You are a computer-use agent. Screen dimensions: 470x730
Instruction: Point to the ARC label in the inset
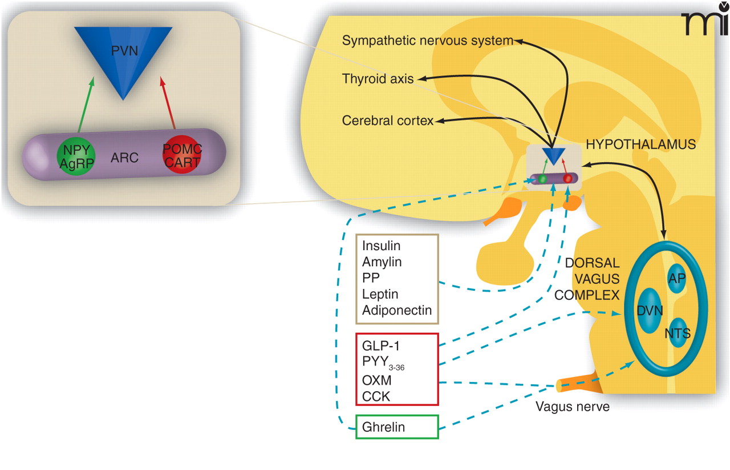124,158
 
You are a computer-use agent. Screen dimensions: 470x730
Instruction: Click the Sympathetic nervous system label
427,41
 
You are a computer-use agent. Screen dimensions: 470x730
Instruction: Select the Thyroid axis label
378,79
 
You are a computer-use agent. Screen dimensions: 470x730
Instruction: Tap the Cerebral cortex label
388,120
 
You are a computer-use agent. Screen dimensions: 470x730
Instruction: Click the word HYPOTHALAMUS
641,144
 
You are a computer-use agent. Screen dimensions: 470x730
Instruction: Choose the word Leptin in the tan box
380,295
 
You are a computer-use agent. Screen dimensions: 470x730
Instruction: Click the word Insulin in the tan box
381,246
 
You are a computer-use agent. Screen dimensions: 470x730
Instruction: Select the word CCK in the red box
376,396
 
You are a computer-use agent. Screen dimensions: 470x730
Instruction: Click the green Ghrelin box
397,427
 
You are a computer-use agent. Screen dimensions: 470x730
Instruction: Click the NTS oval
677,332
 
